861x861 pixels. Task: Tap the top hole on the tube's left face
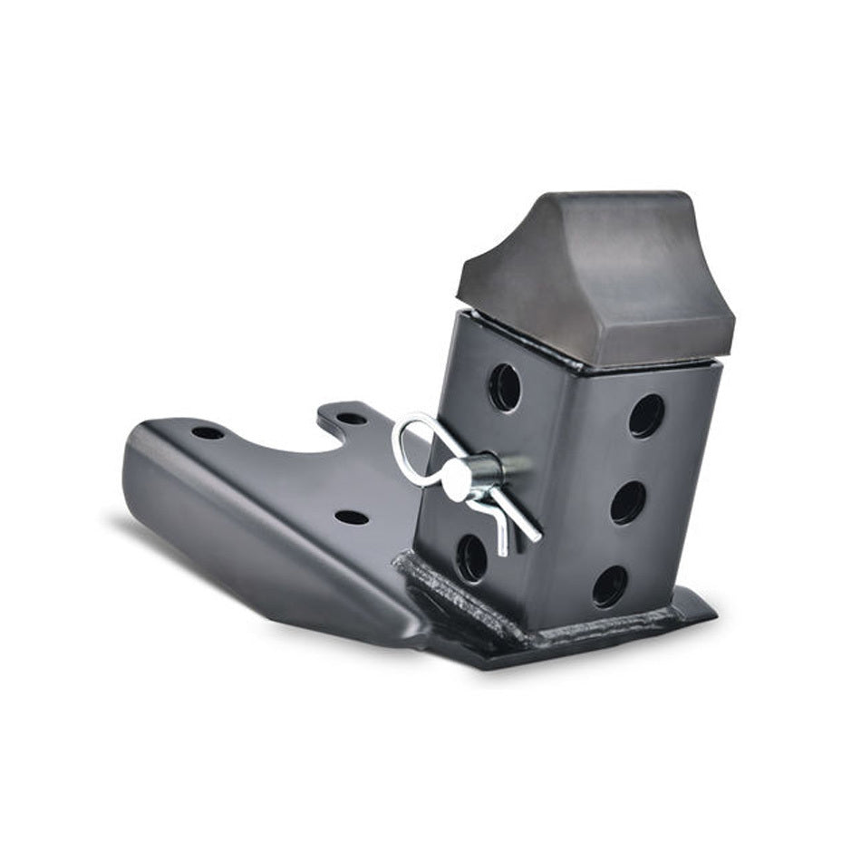click(x=505, y=388)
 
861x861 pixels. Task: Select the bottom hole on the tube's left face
click(x=471, y=557)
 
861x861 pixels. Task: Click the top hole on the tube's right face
click(x=646, y=416)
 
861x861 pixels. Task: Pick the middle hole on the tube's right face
click(x=628, y=502)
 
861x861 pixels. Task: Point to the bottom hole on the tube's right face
click(x=610, y=586)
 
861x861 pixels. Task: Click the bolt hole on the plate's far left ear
click(x=208, y=432)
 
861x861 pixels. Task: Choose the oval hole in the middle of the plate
click(x=352, y=517)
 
